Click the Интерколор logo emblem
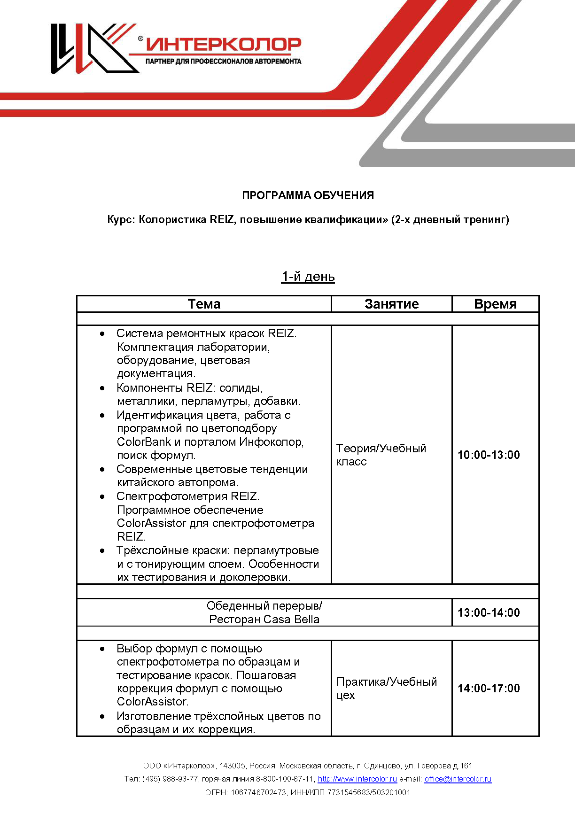[94, 48]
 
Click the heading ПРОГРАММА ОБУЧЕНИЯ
[308, 195]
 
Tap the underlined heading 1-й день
[308, 277]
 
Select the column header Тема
[204, 304]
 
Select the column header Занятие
[391, 304]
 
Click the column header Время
[495, 304]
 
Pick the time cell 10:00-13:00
[489, 455]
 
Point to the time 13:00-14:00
[489, 612]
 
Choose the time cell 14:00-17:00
[489, 688]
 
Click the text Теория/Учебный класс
[381, 455]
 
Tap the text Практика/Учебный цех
[386, 688]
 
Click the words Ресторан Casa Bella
[264, 619]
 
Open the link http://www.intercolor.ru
[357, 779]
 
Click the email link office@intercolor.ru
[458, 779]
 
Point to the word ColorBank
[144, 442]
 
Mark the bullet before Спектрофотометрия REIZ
[102, 496]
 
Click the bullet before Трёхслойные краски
[102, 550]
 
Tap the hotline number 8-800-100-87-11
[285, 779]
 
